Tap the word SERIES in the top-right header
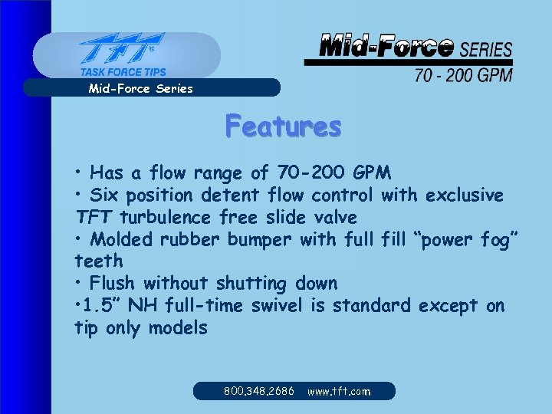(x=486, y=51)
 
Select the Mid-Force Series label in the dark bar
(x=141, y=88)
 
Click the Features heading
(x=283, y=126)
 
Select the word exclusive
(x=464, y=195)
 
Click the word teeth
(x=97, y=261)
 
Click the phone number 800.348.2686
(x=259, y=391)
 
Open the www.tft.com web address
(x=339, y=391)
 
